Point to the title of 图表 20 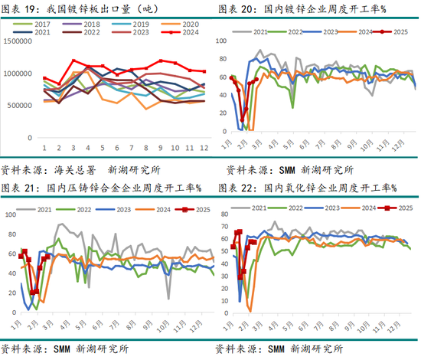(x=302, y=8)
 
